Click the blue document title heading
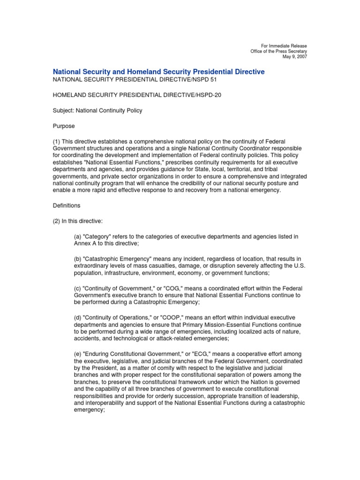coord(158,72)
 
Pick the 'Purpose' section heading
coord(63,126)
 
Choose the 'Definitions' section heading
coord(66,205)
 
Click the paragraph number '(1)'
coord(57,142)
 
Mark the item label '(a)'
coord(78,237)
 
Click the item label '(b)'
coord(78,259)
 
